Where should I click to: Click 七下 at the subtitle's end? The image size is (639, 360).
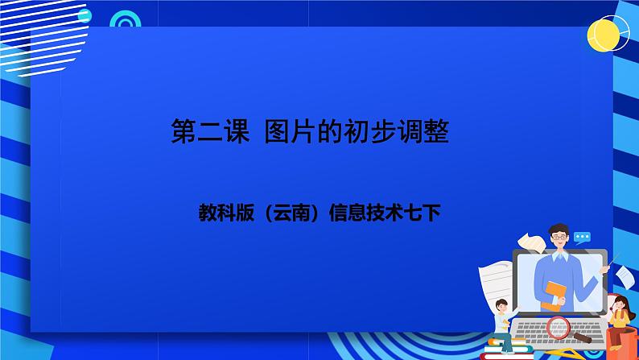pyautogui.click(x=426, y=213)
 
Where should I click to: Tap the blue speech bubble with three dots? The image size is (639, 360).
pyautogui.click(x=583, y=238)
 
